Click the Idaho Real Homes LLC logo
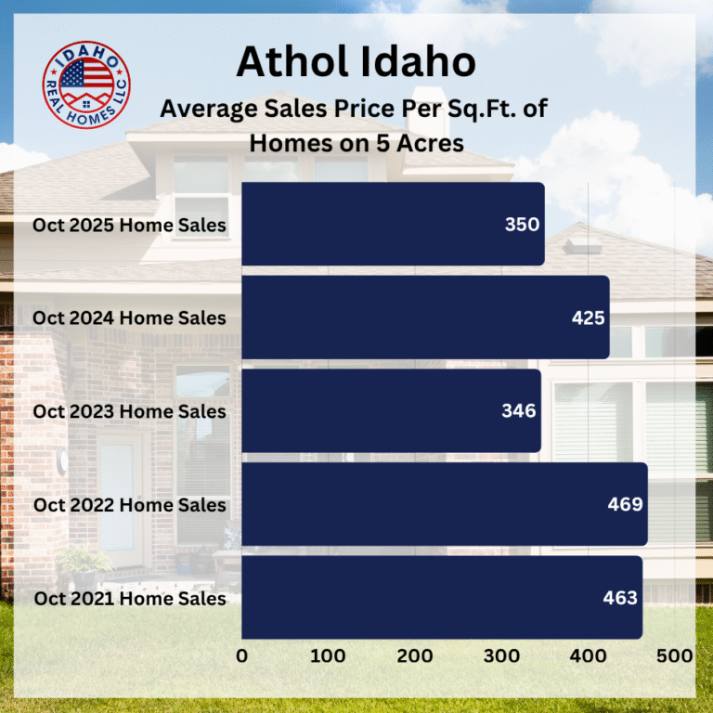[x=87, y=85]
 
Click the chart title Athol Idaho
[x=356, y=62]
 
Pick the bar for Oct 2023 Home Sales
[x=391, y=411]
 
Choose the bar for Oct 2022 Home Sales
[x=444, y=504]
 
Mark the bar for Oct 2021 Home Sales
[x=441, y=598]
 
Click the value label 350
[x=522, y=225]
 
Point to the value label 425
[x=588, y=318]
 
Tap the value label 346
[x=519, y=411]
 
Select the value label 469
[x=626, y=504]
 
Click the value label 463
[x=620, y=598]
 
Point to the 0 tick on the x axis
[x=242, y=655]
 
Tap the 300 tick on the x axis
[x=502, y=655]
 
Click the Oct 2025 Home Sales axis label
[x=129, y=225]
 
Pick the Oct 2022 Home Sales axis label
[x=129, y=505]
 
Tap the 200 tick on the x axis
[x=415, y=655]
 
